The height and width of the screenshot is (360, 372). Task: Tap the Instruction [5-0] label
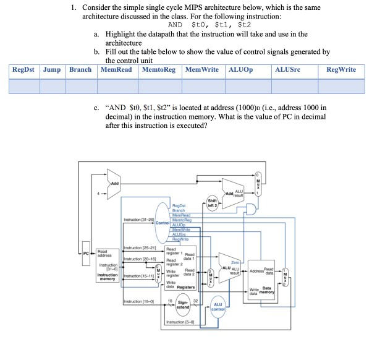pyautogui.click(x=180, y=322)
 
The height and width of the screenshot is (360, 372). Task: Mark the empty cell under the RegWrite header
pyautogui.click(x=340, y=85)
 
